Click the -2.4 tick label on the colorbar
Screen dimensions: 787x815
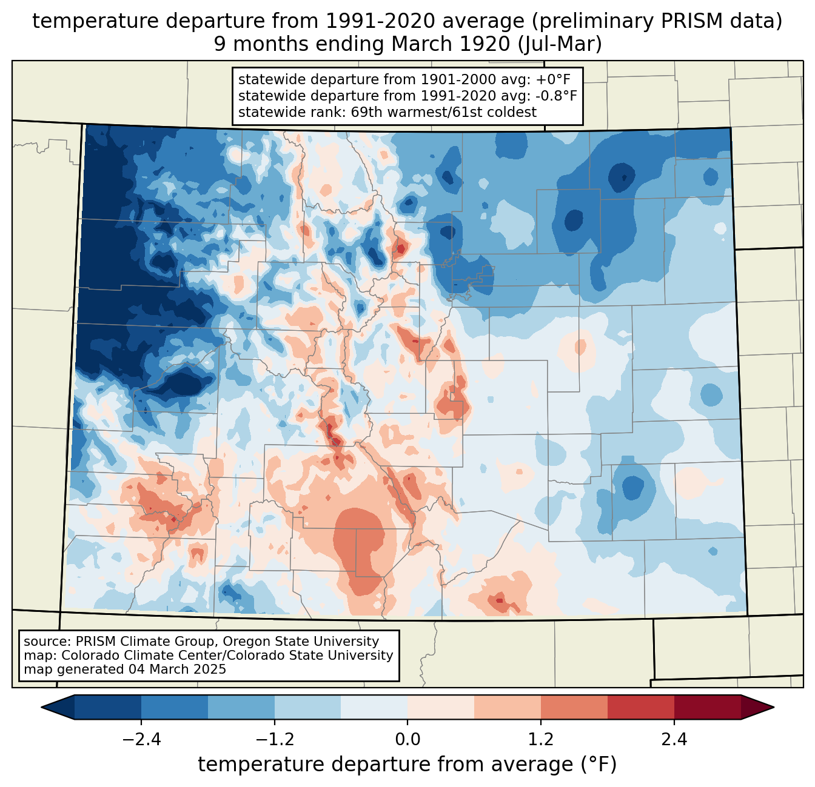pyautogui.click(x=141, y=740)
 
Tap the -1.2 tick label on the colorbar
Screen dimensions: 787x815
pyautogui.click(x=275, y=740)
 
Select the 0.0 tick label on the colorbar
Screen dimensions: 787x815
pyautogui.click(x=407, y=740)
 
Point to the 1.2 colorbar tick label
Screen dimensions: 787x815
pyautogui.click(x=541, y=740)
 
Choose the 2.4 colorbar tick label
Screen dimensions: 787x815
pyautogui.click(x=674, y=740)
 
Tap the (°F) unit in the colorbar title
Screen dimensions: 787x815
pyautogui.click(x=599, y=765)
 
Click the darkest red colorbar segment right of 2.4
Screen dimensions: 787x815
pyautogui.click(x=707, y=707)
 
